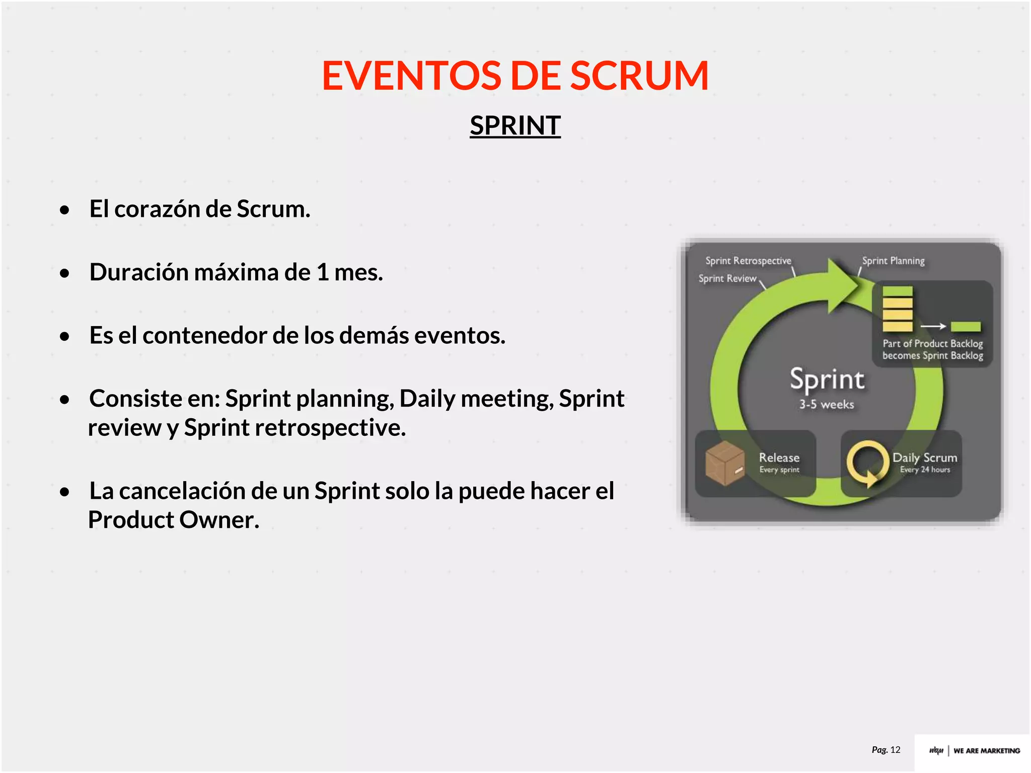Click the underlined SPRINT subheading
pos(515,125)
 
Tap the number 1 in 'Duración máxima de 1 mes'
pos(322,272)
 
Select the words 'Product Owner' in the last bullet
pos(174,520)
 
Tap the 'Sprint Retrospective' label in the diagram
pos(748,261)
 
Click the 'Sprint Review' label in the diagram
pos(727,278)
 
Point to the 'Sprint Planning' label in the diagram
pos(893,261)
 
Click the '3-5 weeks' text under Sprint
pos(827,404)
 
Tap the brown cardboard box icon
pos(724,463)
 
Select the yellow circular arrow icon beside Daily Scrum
pos(867,463)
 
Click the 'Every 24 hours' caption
pos(925,470)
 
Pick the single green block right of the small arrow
pos(966,327)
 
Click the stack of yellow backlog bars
pos(898,308)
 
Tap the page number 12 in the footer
pos(895,750)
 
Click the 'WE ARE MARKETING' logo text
pos(986,750)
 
